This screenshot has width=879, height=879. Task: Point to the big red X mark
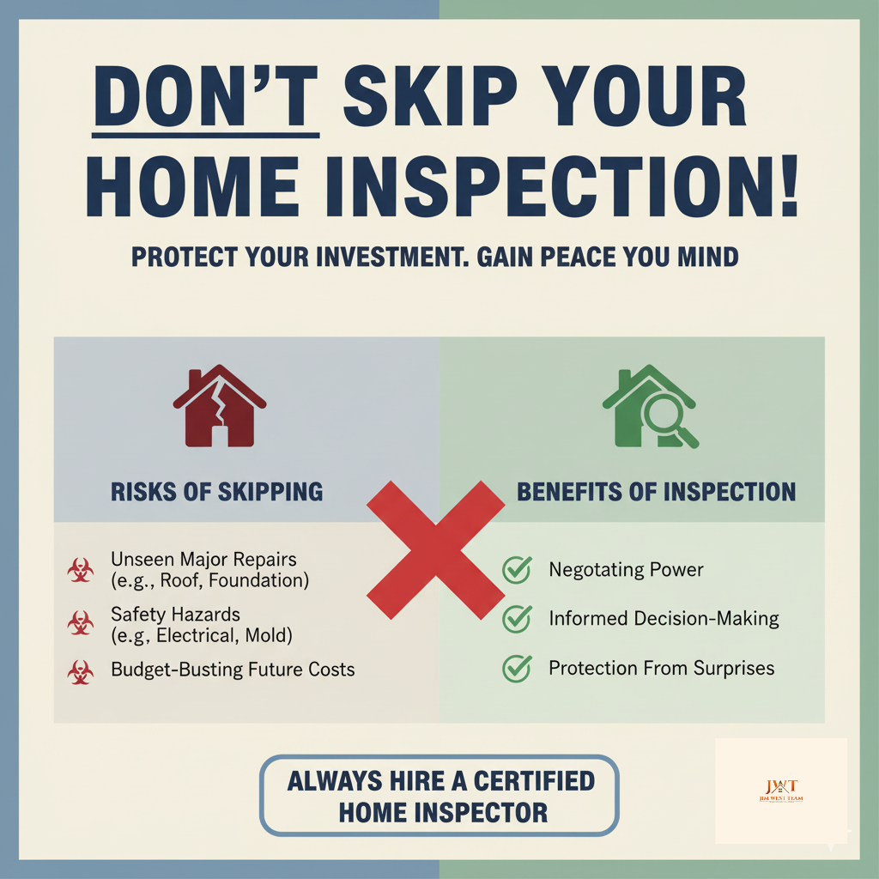coord(436,549)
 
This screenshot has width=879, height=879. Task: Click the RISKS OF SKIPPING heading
coord(217,492)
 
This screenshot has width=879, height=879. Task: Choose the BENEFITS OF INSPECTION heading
coord(656,492)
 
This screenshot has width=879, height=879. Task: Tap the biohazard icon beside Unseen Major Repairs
coord(81,571)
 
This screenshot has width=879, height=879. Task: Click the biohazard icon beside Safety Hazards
coord(81,624)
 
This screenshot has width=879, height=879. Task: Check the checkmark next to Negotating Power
coord(517,569)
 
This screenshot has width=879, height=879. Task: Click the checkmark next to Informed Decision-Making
coord(517,618)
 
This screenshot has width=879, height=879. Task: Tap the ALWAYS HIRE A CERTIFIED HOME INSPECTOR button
coord(439,796)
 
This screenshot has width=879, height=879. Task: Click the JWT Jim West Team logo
coord(781,791)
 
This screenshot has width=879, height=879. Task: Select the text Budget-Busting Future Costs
coord(233,670)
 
